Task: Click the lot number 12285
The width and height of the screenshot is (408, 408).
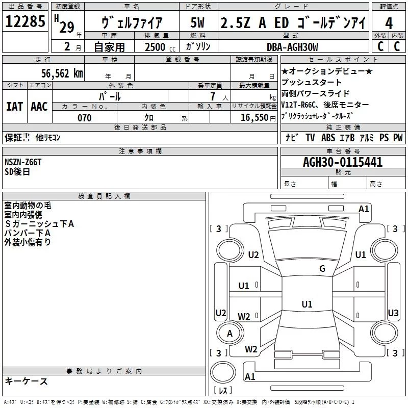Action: [26, 22]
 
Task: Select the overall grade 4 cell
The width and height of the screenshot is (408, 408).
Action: [389, 23]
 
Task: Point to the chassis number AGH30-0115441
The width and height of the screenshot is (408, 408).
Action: [343, 163]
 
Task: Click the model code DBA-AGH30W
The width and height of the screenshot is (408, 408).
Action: [292, 47]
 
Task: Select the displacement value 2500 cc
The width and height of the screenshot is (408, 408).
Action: [156, 47]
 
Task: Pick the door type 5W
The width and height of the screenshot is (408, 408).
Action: [197, 23]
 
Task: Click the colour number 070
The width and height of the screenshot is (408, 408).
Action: [84, 118]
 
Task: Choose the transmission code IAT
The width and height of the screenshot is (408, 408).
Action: [15, 107]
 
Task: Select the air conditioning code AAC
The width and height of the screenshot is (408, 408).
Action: [39, 107]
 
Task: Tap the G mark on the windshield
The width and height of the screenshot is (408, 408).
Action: [322, 269]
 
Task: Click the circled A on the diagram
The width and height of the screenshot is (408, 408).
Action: [229, 333]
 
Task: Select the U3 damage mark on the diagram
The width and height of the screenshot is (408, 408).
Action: [393, 313]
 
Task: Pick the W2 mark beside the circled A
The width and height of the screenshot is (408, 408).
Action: [244, 317]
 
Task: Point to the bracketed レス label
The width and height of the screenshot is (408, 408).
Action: [223, 391]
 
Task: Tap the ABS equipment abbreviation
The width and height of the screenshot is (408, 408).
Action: [329, 138]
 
